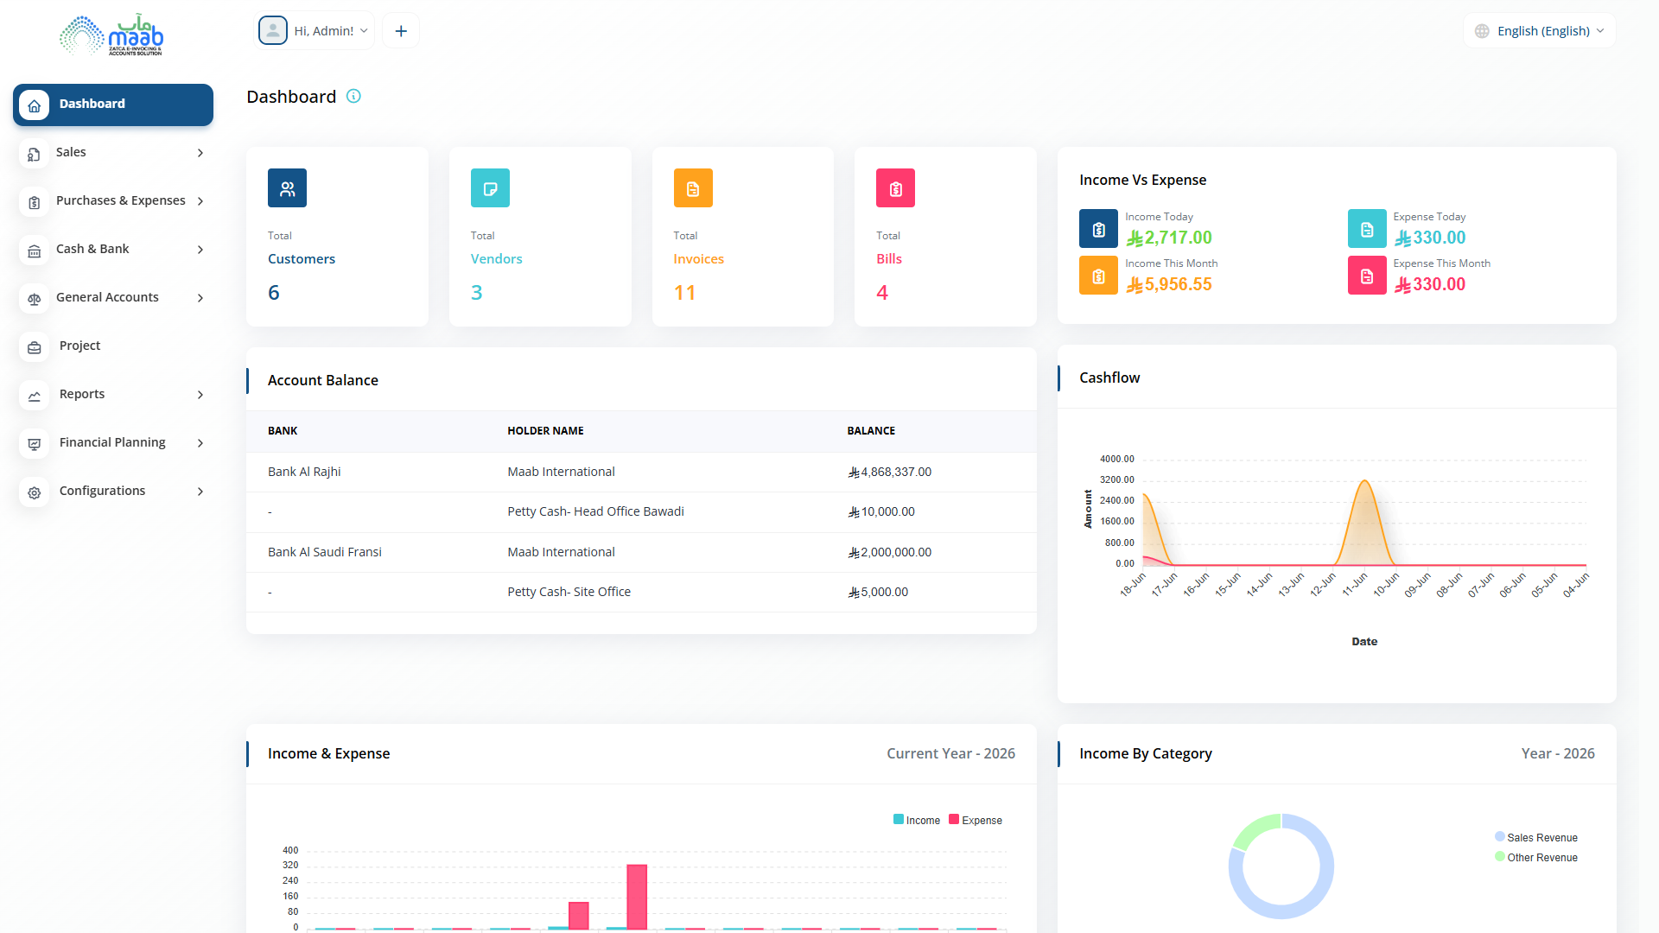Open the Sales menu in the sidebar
[x=71, y=152]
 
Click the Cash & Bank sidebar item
[x=92, y=249]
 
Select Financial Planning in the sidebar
[x=112, y=442]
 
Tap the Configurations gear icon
[x=35, y=492]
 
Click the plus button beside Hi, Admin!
[x=401, y=31]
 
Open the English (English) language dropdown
[x=1540, y=31]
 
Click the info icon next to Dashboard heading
[x=353, y=96]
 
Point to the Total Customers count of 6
[x=274, y=293]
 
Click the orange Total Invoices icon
[x=693, y=188]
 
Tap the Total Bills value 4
[x=882, y=293]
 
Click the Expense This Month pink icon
[x=1367, y=276]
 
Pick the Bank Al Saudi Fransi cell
[x=325, y=552]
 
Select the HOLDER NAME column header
[x=545, y=431]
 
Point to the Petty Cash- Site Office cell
[x=569, y=592]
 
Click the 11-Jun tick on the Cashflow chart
[x=1355, y=585]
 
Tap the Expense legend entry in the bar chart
[x=976, y=820]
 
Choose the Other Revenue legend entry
[x=1536, y=857]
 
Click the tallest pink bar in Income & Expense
[x=637, y=897]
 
